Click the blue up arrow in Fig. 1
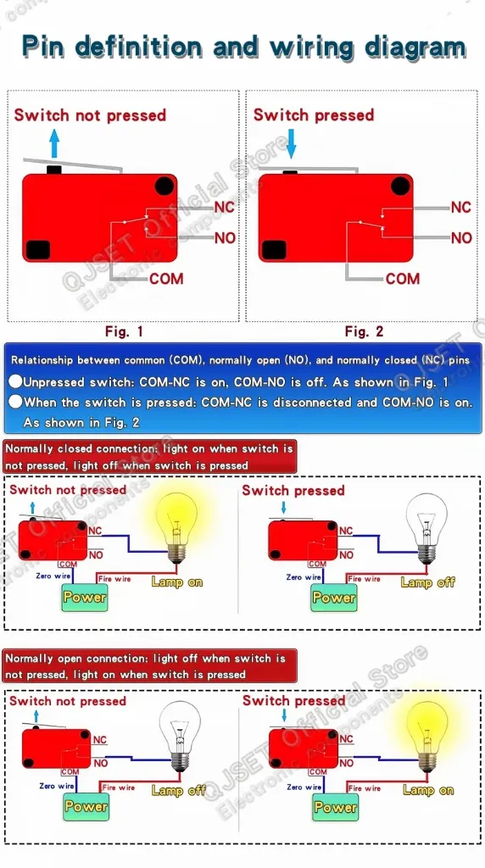[53, 143]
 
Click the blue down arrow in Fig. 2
[291, 143]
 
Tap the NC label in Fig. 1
[224, 207]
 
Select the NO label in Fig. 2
[461, 238]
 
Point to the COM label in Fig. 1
[166, 278]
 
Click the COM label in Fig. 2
[403, 278]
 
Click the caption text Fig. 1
[124, 331]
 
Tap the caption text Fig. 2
[364, 331]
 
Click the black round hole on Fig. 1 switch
[164, 186]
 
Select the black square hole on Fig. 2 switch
[274, 250]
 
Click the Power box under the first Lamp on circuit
[85, 598]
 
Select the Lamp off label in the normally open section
[178, 791]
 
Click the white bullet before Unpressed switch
[15, 381]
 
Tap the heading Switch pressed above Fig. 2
[314, 115]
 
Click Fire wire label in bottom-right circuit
[365, 787]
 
